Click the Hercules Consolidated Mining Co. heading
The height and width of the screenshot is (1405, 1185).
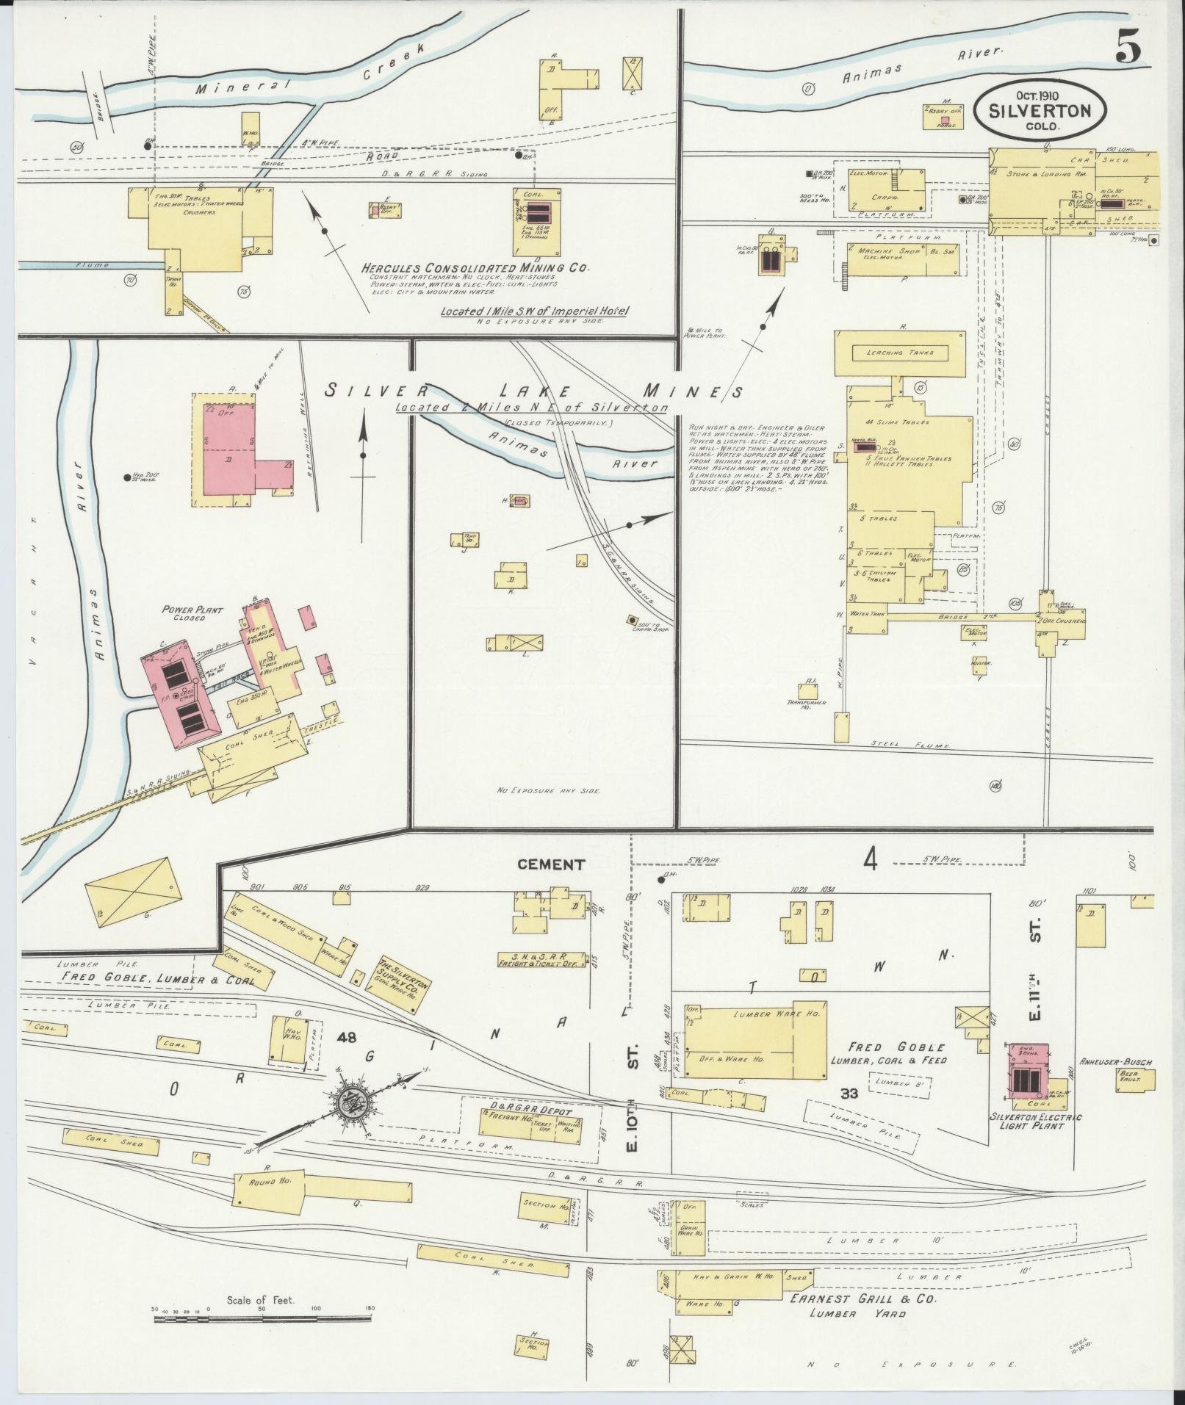[475, 268]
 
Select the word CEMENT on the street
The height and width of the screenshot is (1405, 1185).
[551, 864]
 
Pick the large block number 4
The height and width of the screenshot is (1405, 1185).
[871, 859]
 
